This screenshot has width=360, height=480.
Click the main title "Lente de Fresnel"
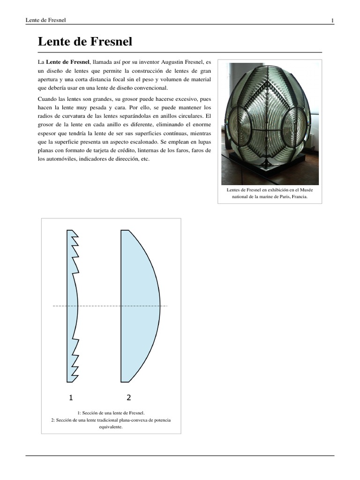(85, 42)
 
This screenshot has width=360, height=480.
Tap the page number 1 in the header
(332, 20)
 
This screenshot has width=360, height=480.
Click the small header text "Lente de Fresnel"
(45, 20)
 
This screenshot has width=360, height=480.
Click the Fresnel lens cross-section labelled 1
(73, 306)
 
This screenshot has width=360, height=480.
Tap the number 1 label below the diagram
(71, 398)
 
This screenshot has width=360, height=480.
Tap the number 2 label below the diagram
(129, 398)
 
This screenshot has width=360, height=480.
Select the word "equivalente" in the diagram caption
(111, 427)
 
